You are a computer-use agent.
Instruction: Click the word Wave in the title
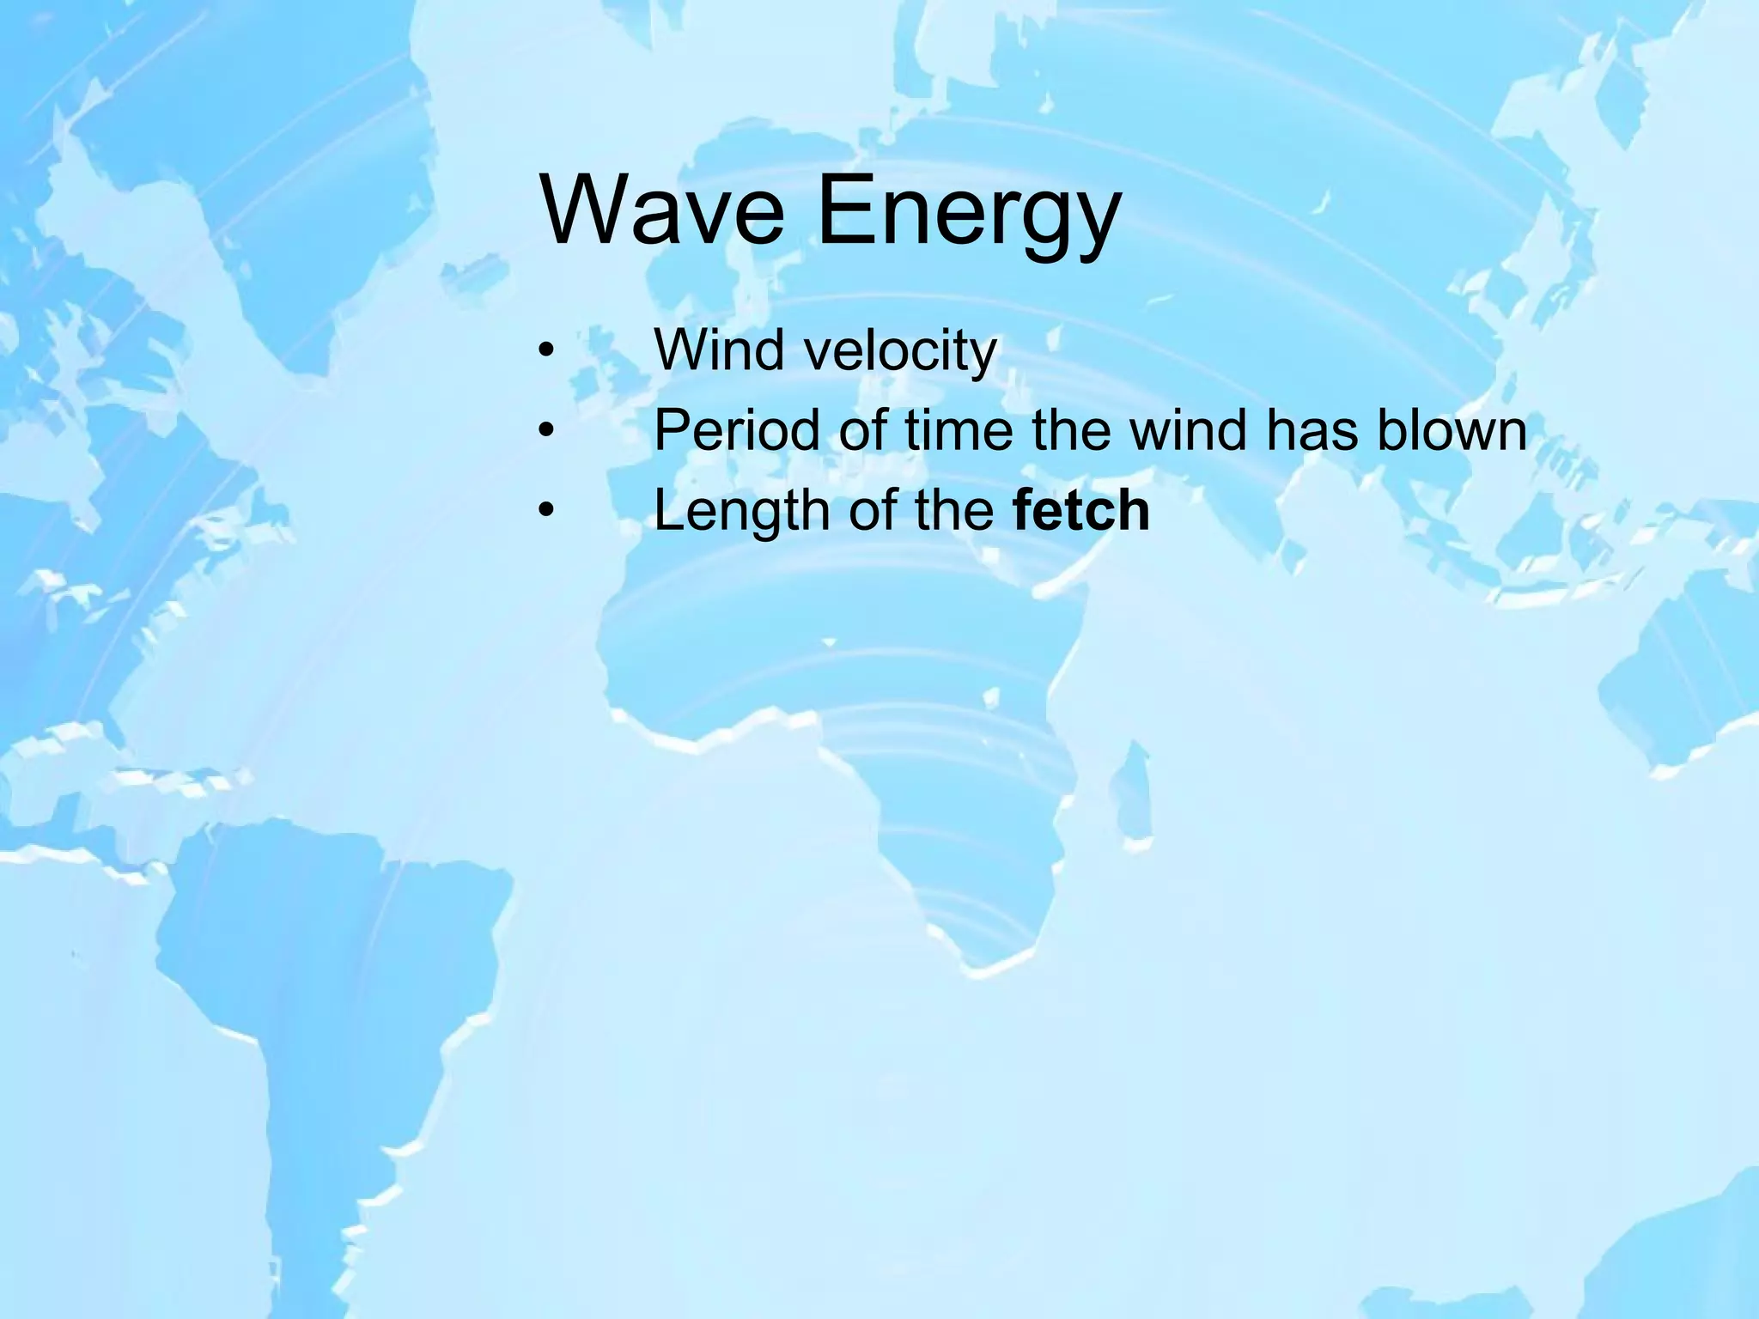click(x=662, y=209)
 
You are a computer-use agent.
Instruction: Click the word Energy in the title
click(x=968, y=213)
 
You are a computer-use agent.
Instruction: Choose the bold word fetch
click(x=1080, y=510)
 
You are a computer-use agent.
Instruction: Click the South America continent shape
click(x=309, y=988)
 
